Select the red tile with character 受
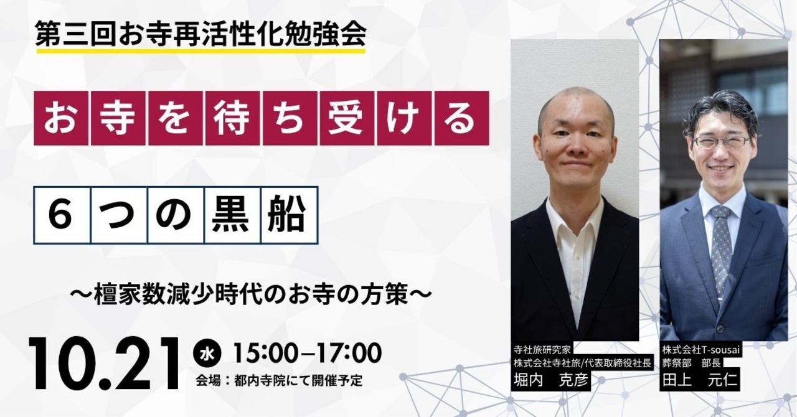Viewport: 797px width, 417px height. (347, 118)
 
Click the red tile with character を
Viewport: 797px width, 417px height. (176, 118)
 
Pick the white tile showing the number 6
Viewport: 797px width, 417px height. (62, 215)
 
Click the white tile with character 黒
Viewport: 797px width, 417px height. (233, 215)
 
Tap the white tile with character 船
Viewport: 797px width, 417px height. (290, 215)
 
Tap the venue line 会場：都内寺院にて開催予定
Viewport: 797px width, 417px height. (280, 381)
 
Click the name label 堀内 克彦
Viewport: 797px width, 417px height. (551, 381)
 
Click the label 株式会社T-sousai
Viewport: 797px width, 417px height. (700, 350)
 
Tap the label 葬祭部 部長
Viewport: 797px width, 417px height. (691, 363)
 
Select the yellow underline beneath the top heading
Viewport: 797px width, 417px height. (200, 51)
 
